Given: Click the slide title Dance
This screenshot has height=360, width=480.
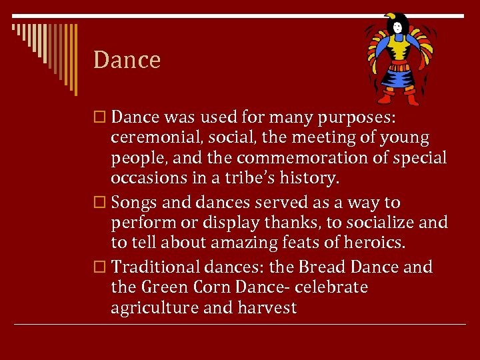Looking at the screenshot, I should (127, 60).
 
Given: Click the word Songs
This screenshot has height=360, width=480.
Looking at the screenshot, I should (133, 202).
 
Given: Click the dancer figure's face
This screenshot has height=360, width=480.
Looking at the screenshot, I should (399, 27).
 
